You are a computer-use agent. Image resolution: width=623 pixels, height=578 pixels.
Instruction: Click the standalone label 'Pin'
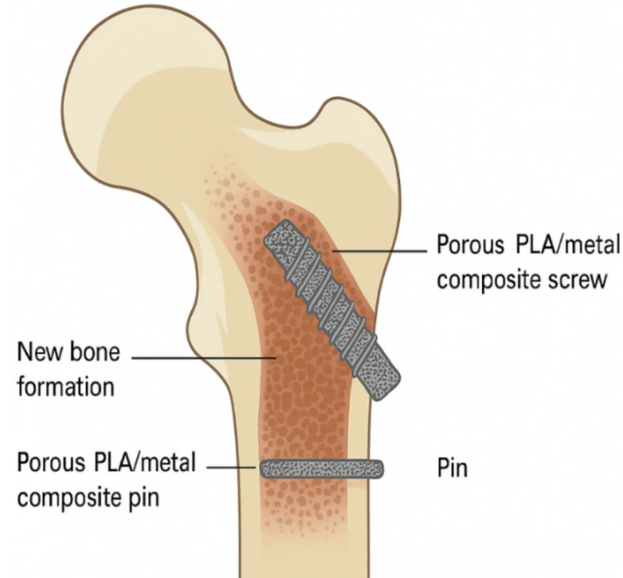tap(452, 468)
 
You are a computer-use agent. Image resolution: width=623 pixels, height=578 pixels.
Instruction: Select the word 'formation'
tap(65, 386)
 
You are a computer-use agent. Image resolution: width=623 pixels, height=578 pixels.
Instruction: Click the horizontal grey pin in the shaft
tap(321, 469)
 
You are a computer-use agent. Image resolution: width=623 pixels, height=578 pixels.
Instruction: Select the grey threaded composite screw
tap(332, 310)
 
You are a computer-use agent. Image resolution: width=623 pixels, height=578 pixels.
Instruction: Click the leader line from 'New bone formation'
tap(204, 358)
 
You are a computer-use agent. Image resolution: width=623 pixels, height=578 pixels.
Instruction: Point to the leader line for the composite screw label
tap(379, 252)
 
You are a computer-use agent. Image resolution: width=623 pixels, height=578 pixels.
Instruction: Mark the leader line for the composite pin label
tap(232, 468)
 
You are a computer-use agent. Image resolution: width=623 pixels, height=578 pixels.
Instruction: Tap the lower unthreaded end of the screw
tap(377, 376)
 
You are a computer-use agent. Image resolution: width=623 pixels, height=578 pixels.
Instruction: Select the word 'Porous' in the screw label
tap(471, 244)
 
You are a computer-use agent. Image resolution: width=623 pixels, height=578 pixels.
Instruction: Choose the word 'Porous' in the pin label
tap(51, 463)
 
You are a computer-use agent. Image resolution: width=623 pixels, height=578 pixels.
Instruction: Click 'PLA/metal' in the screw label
tap(567, 244)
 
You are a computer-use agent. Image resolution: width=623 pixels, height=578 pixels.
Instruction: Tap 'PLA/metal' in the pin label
tap(145, 463)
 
